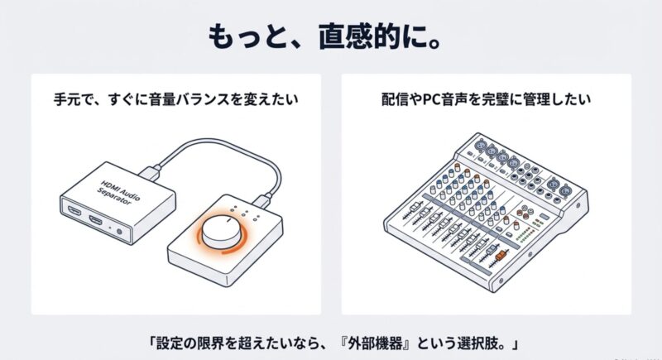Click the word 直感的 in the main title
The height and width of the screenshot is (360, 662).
[360, 37]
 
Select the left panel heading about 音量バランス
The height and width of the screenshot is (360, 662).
[176, 99]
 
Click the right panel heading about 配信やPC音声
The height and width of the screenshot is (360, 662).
[486, 99]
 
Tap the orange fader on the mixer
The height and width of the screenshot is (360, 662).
[501, 256]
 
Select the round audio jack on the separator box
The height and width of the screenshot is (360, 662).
[119, 231]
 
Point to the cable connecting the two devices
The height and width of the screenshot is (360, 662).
[219, 142]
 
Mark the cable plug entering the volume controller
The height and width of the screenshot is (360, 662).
[262, 199]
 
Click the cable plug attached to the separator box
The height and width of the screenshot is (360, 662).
[151, 174]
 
